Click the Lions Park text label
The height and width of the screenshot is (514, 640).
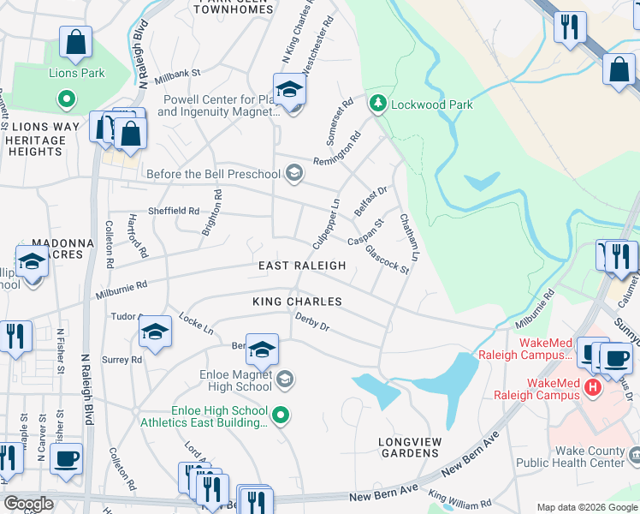(x=76, y=74)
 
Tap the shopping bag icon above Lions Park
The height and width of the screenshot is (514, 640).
(x=76, y=42)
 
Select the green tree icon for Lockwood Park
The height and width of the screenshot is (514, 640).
(x=376, y=105)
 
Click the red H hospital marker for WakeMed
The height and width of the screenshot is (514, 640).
(x=592, y=388)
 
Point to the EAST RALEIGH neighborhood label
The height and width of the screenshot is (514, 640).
(x=302, y=266)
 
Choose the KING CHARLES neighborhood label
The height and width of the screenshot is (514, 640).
(x=297, y=302)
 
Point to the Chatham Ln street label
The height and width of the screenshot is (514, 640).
(x=411, y=238)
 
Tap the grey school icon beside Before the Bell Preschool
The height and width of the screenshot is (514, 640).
(x=293, y=174)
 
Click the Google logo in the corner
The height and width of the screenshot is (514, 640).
(x=28, y=504)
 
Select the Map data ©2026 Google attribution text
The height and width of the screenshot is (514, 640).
(x=586, y=507)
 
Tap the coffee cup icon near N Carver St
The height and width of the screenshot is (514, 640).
(x=66, y=457)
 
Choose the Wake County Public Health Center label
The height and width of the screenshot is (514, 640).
(x=590, y=457)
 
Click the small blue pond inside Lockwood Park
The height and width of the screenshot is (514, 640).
(x=483, y=181)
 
